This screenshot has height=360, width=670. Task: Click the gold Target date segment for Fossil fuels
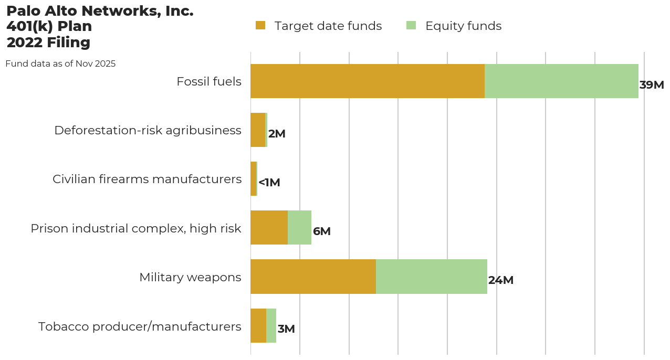click(x=368, y=81)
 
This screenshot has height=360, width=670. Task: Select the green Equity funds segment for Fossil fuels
click(x=561, y=81)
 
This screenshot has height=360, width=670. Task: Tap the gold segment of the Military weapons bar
click(x=313, y=277)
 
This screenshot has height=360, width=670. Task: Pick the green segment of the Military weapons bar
click(x=432, y=277)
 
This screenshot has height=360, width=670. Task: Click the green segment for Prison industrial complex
click(x=299, y=228)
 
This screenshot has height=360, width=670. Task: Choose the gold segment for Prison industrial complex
click(x=269, y=228)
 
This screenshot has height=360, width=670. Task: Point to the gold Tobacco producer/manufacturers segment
click(x=258, y=325)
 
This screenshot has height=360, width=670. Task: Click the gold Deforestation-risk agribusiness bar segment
click(x=258, y=130)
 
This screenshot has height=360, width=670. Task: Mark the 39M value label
click(x=652, y=85)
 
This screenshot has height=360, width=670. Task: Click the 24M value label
click(x=500, y=280)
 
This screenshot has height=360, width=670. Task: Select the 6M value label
click(x=321, y=231)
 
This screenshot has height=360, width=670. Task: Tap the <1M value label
click(x=269, y=183)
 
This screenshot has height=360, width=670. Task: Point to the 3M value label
click(x=286, y=329)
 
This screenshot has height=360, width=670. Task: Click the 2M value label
click(x=277, y=134)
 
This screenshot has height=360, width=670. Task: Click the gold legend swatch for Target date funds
click(x=260, y=25)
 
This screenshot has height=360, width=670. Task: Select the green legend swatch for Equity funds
click(x=411, y=25)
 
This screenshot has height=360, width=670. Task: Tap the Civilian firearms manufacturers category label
click(x=147, y=179)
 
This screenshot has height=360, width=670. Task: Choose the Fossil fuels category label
click(x=209, y=82)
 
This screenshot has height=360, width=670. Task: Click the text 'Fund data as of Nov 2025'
click(x=60, y=64)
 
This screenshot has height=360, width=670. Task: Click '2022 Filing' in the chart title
click(x=48, y=43)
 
